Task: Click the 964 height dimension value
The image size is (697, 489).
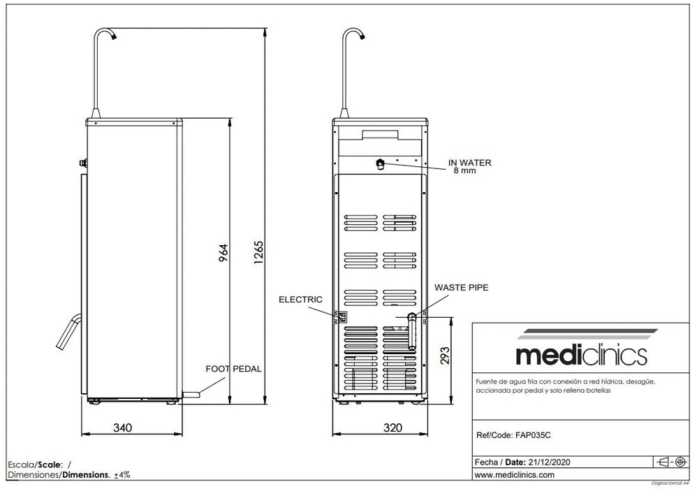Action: [223, 252]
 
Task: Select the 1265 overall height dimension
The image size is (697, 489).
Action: [258, 252]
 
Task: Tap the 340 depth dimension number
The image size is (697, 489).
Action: [122, 428]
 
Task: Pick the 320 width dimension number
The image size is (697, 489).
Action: [392, 428]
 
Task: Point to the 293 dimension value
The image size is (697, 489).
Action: [445, 356]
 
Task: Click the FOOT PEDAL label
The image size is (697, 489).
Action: [233, 369]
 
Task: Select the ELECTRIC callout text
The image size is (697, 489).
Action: [300, 300]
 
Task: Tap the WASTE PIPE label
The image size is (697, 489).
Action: [462, 288]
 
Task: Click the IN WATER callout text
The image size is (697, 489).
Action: [470, 163]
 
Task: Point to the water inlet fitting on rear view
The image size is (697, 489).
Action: [380, 164]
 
